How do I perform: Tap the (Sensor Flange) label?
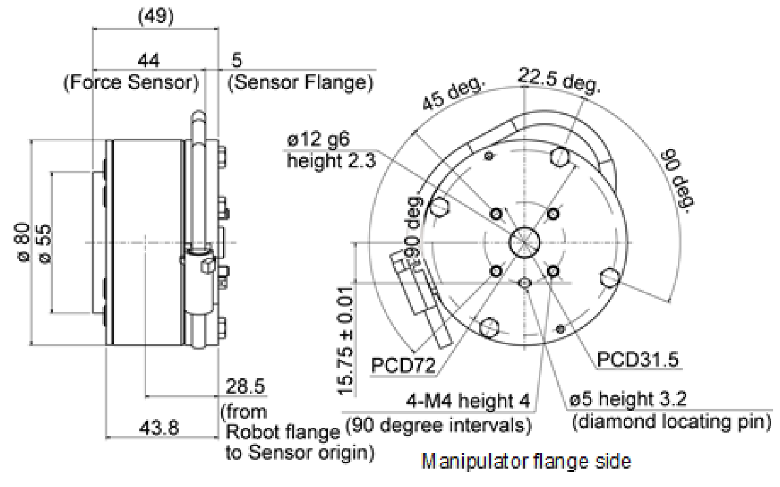pyautogui.click(x=302, y=84)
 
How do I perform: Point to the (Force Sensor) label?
pyautogui.click(x=131, y=84)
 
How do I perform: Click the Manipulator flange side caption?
pyautogui.click(x=527, y=462)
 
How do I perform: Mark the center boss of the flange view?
pyautogui.click(x=525, y=241)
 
